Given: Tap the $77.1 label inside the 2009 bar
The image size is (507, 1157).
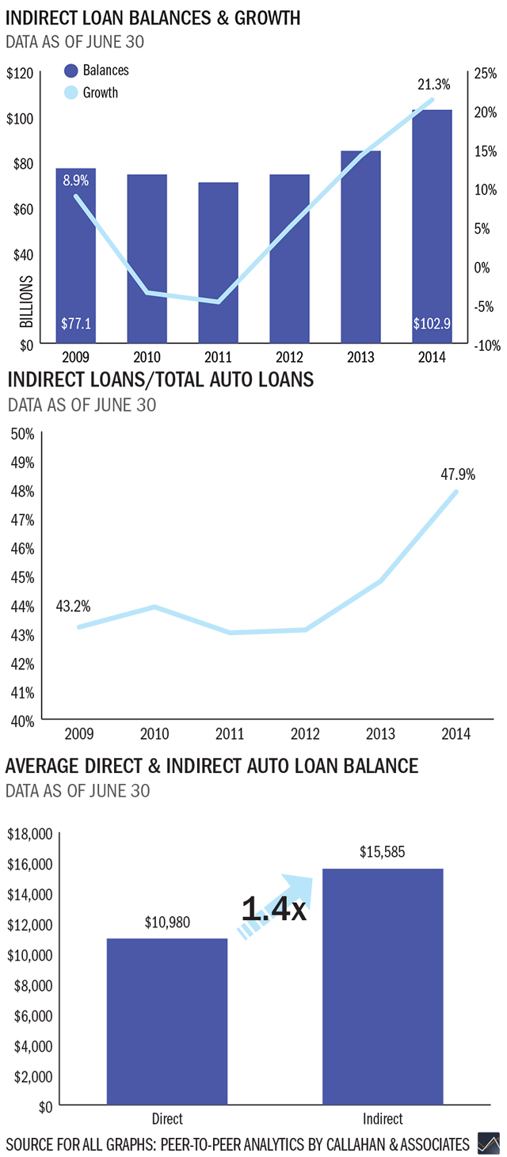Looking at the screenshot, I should coord(76,324).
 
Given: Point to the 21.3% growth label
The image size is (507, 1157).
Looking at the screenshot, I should coord(433,84).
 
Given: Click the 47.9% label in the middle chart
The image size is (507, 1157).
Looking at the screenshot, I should coord(458,474).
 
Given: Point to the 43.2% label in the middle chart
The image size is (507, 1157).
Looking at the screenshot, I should coord(73,607).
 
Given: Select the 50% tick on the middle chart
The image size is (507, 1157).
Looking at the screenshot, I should coord(22,434).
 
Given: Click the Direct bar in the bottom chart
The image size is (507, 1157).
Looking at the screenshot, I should coord(167,1022).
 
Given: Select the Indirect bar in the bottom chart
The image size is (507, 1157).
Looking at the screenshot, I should coord(383,987).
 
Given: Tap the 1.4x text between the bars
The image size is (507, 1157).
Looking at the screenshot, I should coord(273,909).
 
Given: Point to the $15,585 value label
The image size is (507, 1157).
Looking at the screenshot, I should coord(383,854).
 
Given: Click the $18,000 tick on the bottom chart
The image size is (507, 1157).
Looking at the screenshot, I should coord(29,834).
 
